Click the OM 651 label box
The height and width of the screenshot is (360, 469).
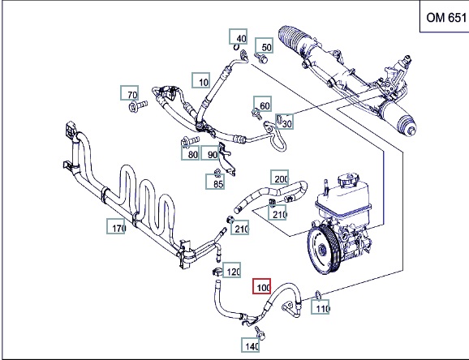pos(445,16)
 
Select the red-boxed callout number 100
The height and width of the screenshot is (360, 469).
pos(262,286)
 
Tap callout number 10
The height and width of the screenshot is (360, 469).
pos(201,80)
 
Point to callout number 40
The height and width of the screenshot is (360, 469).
pos(239,36)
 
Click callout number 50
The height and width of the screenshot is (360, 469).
pos(264,45)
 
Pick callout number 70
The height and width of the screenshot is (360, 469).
pos(130,93)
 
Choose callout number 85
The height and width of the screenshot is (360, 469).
pos(215,182)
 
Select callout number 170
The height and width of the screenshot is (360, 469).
pos(116,226)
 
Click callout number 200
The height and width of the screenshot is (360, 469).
pos(280,178)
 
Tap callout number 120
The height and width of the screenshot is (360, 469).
pos(232,270)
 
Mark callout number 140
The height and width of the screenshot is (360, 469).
pos(251,345)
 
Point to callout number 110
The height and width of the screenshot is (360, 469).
pos(320,306)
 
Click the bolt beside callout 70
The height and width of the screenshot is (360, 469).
pos(138,106)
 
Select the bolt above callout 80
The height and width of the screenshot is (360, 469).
pos(190,141)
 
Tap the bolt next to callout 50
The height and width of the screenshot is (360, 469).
pos(261,58)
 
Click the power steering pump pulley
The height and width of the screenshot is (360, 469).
pos(322,250)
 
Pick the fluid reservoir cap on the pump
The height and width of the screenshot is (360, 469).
pos(348,180)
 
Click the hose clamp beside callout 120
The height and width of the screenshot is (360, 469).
pos(217,272)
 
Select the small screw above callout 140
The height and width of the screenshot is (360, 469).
pos(260,332)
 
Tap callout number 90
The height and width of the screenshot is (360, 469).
pos(210,153)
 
